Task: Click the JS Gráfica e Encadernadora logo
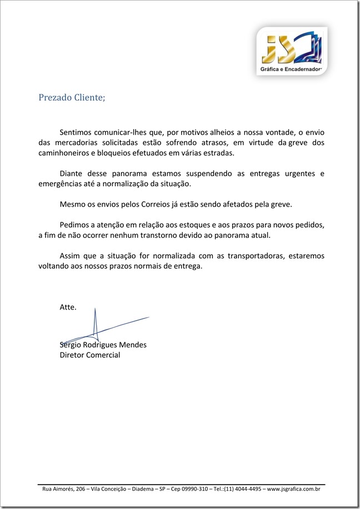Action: point(291,51)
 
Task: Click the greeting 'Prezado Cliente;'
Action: point(71,98)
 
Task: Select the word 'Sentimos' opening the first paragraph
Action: point(76,133)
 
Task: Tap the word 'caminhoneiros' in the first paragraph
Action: point(63,153)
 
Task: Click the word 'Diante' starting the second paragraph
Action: point(71,174)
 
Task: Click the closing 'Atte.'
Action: point(68,307)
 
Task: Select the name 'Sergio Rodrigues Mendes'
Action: point(103,345)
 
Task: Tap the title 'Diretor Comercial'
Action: point(89,355)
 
